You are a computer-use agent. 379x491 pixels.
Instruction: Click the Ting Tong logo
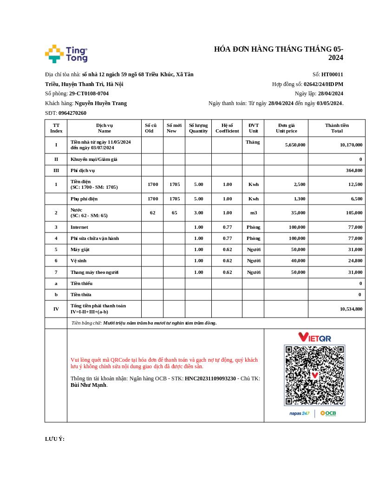66,54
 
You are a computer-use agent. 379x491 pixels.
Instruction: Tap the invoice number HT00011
332,74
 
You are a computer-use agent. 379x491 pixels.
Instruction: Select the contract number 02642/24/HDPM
323,84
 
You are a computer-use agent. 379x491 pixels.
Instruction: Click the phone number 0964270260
72,113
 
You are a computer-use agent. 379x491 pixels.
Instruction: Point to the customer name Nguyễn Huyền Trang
101,103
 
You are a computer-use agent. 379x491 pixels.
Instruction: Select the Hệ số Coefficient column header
227,128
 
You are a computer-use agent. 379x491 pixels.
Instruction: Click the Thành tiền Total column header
337,128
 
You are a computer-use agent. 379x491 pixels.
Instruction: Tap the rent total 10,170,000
351,145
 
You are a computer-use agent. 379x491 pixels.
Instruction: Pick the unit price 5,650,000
295,145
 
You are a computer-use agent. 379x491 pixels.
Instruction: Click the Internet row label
79,227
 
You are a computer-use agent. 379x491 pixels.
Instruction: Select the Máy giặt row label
80,250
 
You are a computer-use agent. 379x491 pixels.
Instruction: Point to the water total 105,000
353,213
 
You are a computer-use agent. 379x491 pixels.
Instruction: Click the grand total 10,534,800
351,309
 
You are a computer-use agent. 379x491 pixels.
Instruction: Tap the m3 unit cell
253,213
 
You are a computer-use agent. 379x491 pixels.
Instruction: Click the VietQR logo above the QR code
314,337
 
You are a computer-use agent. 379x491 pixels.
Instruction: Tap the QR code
314,375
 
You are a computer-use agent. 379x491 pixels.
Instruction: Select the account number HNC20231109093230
210,378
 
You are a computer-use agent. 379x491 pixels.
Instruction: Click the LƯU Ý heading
55,439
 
